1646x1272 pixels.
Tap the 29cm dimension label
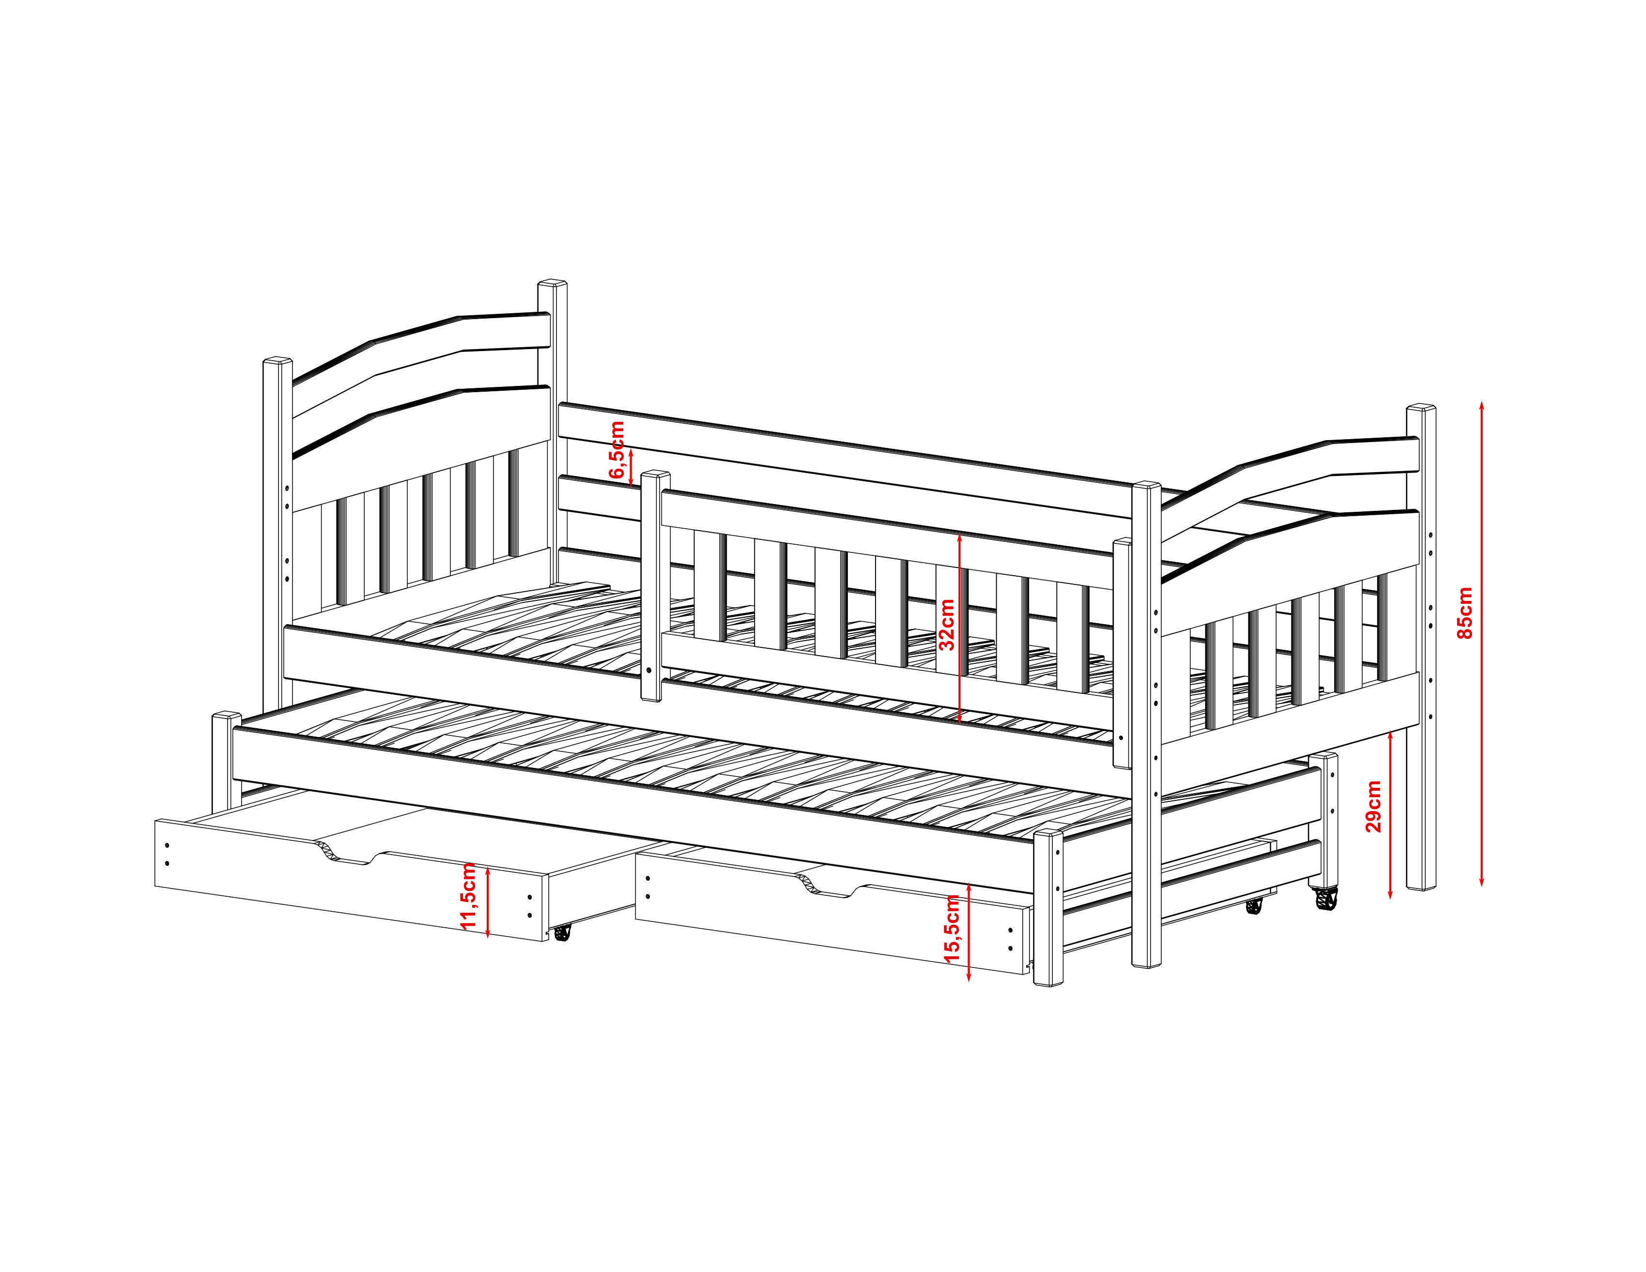click(1374, 806)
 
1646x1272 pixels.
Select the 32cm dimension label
click(947, 625)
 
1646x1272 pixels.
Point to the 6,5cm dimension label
click(617, 449)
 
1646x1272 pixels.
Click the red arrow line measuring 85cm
click(1482, 644)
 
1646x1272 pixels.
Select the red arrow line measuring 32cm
click(959, 628)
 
